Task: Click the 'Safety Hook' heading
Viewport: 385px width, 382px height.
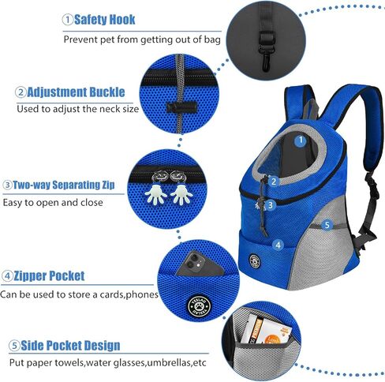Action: click(x=105, y=20)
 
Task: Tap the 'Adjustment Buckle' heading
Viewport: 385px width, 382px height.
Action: click(x=76, y=92)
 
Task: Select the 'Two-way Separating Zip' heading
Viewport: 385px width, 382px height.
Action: click(x=64, y=185)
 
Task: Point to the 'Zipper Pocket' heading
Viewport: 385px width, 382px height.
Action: click(x=49, y=275)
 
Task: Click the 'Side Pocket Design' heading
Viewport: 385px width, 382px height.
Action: click(x=70, y=346)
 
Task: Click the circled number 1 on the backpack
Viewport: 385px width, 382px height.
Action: click(x=301, y=140)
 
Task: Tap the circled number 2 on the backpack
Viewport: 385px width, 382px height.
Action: click(x=274, y=182)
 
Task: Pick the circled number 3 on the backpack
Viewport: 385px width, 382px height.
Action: click(x=271, y=205)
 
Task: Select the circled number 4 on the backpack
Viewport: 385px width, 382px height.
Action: click(x=278, y=245)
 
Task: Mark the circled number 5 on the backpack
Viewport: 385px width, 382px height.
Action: click(x=327, y=225)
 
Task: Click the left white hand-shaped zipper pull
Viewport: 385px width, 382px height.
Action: click(x=156, y=194)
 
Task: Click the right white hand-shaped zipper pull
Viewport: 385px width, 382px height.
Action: click(x=181, y=194)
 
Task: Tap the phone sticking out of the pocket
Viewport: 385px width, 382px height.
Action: click(x=199, y=264)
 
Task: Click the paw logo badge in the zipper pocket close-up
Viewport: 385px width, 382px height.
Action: click(x=200, y=306)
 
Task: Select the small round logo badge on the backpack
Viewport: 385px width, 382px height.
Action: click(x=255, y=261)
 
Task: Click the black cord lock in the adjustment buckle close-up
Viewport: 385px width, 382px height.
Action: click(x=182, y=107)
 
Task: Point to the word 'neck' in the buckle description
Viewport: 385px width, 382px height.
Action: click(x=109, y=109)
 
